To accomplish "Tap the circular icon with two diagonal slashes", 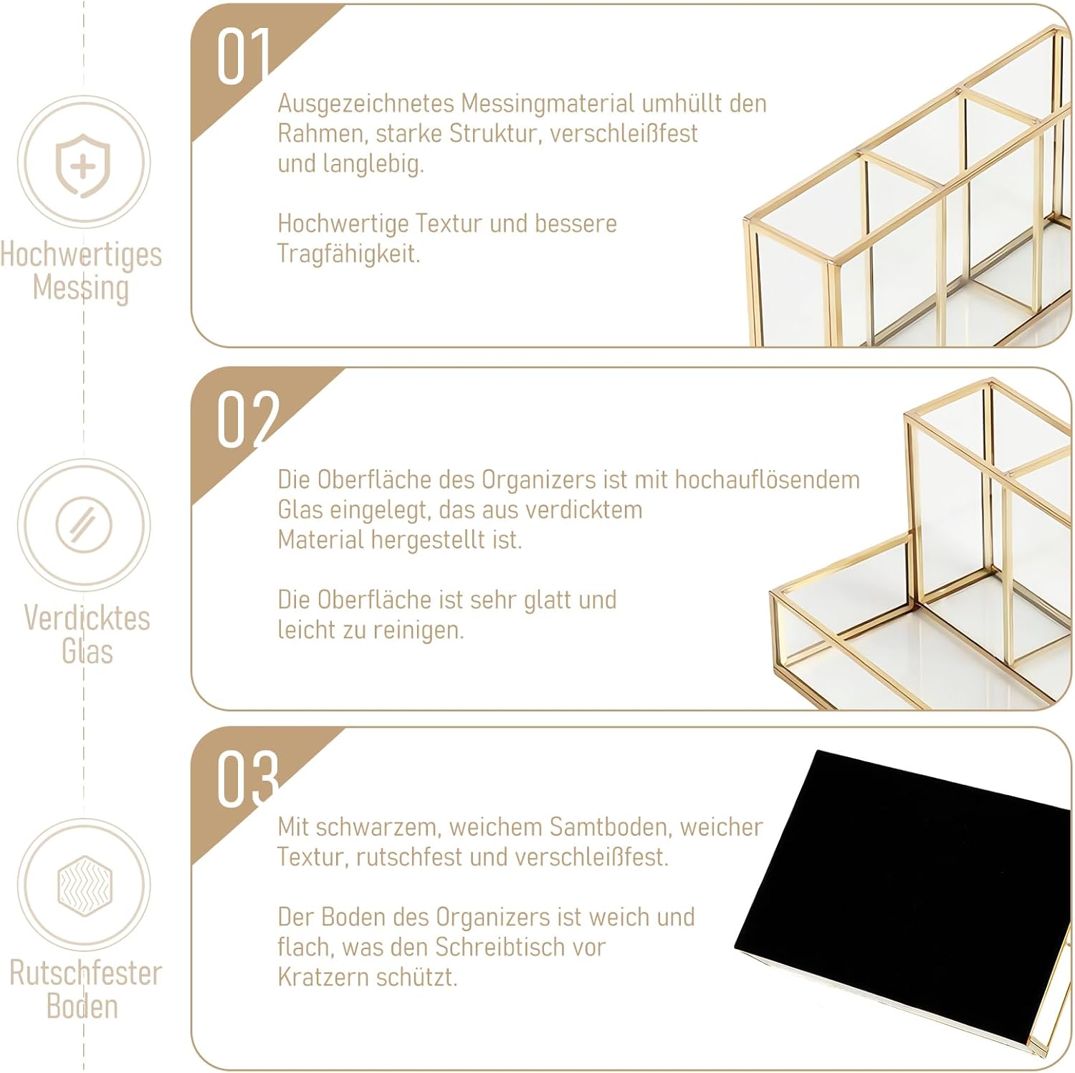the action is tap(84, 525).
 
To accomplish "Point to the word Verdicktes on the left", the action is tap(87, 617).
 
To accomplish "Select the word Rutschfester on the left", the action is tap(85, 973).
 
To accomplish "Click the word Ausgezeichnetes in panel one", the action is tap(366, 105).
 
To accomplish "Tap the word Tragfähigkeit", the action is tap(348, 254).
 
